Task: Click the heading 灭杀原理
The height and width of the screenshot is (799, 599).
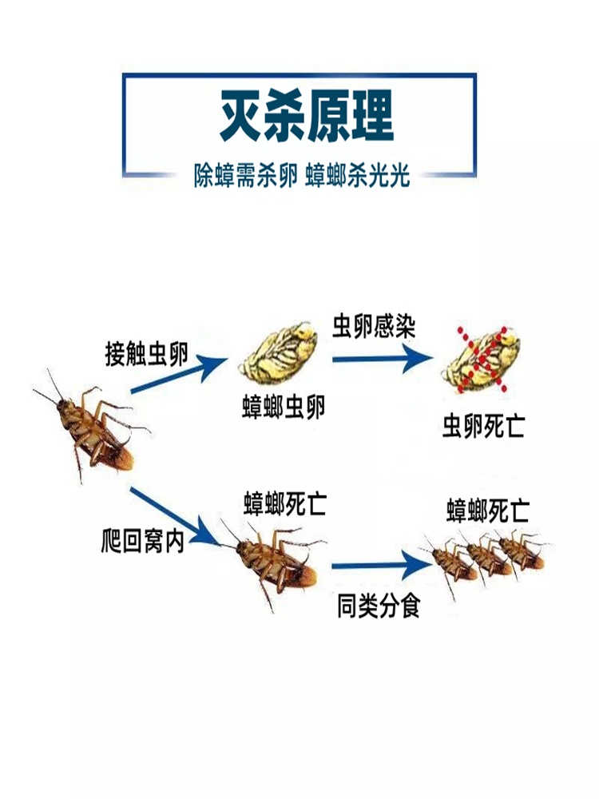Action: point(307,117)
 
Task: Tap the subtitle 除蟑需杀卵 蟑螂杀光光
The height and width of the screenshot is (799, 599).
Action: point(302,176)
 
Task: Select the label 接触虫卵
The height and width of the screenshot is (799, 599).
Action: point(146,352)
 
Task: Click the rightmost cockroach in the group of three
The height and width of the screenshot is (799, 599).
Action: point(522,553)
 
